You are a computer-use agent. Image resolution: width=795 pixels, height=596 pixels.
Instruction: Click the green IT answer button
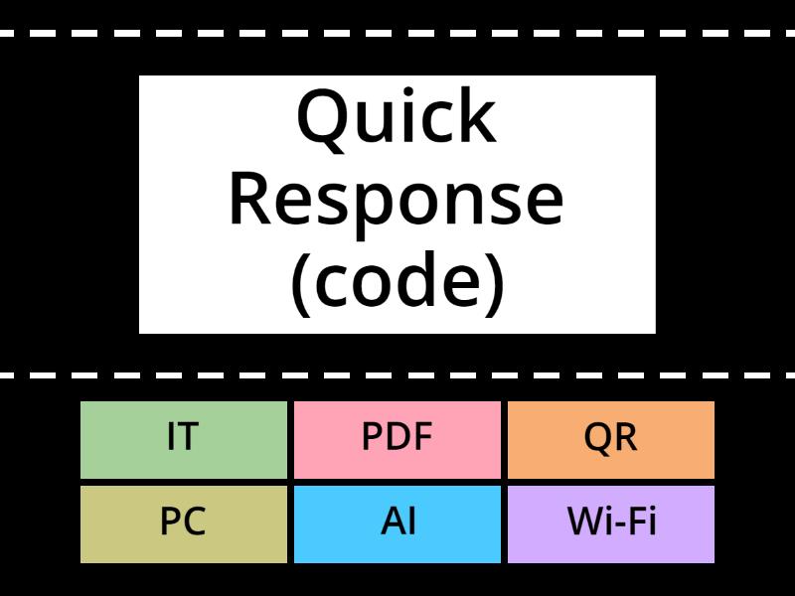[x=183, y=439]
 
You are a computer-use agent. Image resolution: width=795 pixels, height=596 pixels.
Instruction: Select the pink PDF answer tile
[x=397, y=439]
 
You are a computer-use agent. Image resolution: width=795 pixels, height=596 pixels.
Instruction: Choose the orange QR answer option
[x=611, y=439]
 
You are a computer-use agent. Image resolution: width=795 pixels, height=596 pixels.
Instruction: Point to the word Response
[x=397, y=199]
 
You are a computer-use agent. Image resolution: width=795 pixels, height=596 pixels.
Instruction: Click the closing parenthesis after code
[x=495, y=282]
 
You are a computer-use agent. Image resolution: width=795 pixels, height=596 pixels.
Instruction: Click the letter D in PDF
[x=397, y=438]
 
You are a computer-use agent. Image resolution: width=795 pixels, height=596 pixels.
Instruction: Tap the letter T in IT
[x=189, y=438]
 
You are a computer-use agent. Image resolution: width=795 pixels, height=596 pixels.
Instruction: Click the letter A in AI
[x=392, y=522]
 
